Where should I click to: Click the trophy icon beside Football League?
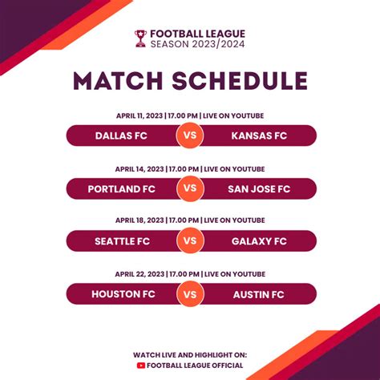(x=141, y=38)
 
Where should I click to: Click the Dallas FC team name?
(x=121, y=135)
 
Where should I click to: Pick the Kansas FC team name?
(x=258, y=135)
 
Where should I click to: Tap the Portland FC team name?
(x=122, y=189)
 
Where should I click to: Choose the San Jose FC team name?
(x=258, y=189)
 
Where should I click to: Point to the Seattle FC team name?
(x=122, y=241)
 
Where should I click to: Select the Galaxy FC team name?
(x=258, y=241)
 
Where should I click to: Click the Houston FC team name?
(x=122, y=294)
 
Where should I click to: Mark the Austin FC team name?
(x=258, y=294)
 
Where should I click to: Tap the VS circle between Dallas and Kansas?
(x=190, y=135)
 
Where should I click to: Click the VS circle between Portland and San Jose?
(x=190, y=189)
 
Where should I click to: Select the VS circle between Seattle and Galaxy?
(x=190, y=241)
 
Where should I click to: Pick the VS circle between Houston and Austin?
(x=190, y=294)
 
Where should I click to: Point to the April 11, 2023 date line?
(x=190, y=115)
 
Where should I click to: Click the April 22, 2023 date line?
(x=190, y=273)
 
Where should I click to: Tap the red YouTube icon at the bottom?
(x=141, y=366)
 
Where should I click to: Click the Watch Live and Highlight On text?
(x=190, y=354)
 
